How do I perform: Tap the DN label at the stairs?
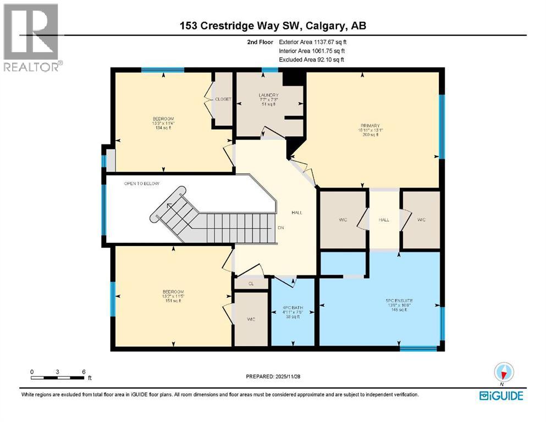click(x=280, y=227)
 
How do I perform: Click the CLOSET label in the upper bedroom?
click(x=223, y=99)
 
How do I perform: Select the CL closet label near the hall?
click(x=251, y=284)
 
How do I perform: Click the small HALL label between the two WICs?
click(x=384, y=219)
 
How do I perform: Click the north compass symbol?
click(x=504, y=373)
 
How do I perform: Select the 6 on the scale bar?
click(x=84, y=371)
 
